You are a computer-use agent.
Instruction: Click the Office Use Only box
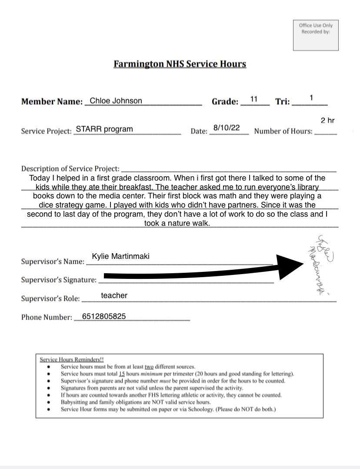coord(316,35)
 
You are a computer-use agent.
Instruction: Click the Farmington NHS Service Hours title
coord(180,64)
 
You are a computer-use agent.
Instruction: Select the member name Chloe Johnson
coord(116,101)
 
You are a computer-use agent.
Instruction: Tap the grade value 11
coord(254,100)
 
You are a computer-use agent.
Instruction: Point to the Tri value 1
coord(311,98)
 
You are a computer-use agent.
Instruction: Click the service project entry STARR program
coord(104,129)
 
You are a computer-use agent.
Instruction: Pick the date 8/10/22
coord(227,128)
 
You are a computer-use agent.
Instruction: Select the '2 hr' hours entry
coord(327,121)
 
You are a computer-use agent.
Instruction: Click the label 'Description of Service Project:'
coord(70,168)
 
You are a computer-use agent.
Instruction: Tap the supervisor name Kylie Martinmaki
coord(120,256)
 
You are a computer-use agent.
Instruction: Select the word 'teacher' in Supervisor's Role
coord(114,295)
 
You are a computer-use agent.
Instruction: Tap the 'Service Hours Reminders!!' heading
coord(72,360)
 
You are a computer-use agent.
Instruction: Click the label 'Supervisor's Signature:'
coord(59,280)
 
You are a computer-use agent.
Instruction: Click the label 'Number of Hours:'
coord(283,131)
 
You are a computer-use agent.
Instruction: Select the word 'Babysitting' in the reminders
coord(75,402)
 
